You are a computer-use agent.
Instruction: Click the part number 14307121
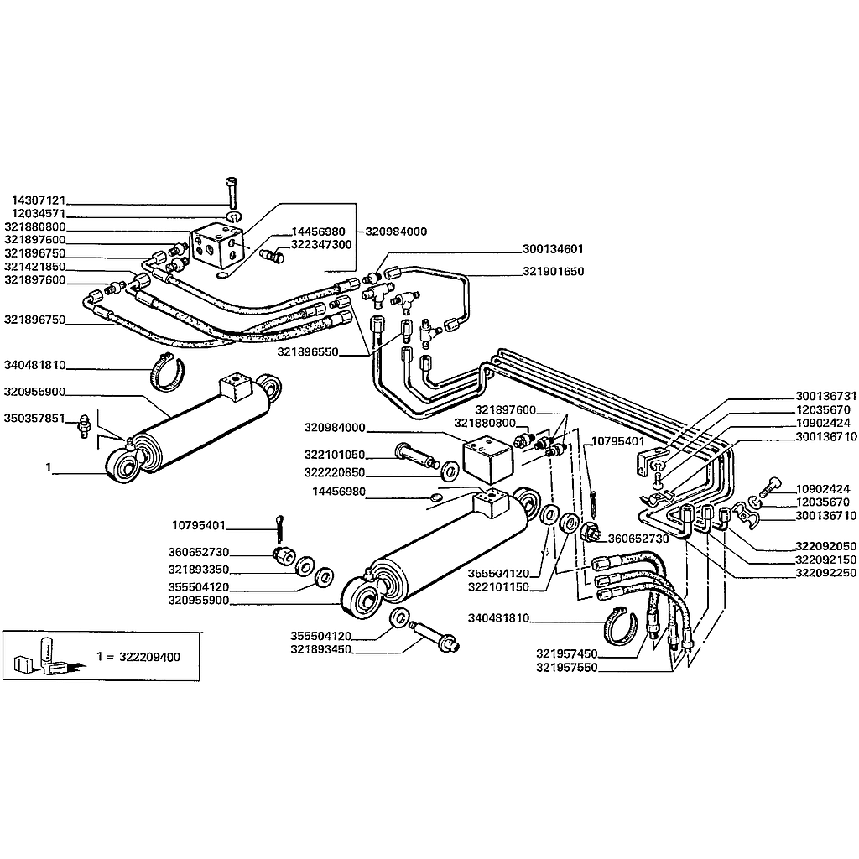pyautogui.click(x=39, y=201)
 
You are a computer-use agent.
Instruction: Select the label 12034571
pyautogui.click(x=39, y=214)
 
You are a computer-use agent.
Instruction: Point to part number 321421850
pyautogui.click(x=35, y=266)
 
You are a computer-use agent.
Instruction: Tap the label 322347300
pyautogui.click(x=321, y=244)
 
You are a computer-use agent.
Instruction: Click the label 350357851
pyautogui.click(x=35, y=418)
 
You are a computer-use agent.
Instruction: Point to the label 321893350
pyautogui.click(x=200, y=570)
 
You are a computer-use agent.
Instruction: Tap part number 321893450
pyautogui.click(x=320, y=649)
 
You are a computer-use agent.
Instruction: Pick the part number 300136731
pyautogui.click(x=825, y=396)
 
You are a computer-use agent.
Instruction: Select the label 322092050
pyautogui.click(x=825, y=544)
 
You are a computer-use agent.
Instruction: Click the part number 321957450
pyautogui.click(x=566, y=653)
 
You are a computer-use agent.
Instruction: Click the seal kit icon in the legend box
pyautogui.click(x=45, y=657)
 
